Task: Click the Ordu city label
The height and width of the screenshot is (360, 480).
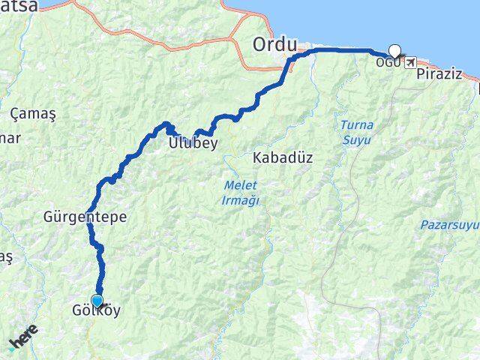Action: coord(275,43)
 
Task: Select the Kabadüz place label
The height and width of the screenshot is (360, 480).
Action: coord(283,158)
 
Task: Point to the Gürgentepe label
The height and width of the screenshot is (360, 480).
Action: coord(85,217)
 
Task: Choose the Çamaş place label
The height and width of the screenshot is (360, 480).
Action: coord(33,113)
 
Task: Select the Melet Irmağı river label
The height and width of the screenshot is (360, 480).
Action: coord(241,191)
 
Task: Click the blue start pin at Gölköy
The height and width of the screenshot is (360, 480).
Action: coord(97,301)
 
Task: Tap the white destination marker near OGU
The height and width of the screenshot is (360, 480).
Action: coord(394,52)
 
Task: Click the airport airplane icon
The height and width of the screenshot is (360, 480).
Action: coord(410,62)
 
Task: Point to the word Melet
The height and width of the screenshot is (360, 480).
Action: coord(240,184)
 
